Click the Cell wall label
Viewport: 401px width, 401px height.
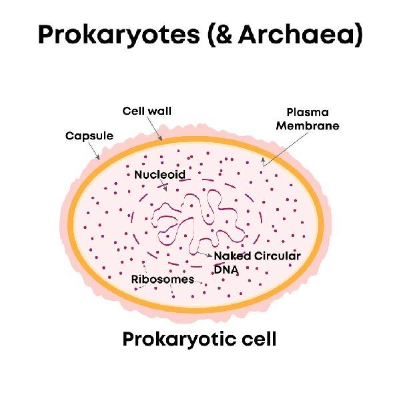point(147,111)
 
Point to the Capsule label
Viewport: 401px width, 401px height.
point(89,136)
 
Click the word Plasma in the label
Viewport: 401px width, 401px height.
point(308,112)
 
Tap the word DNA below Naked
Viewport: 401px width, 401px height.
point(226,270)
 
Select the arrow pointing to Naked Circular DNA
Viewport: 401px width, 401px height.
point(206,254)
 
